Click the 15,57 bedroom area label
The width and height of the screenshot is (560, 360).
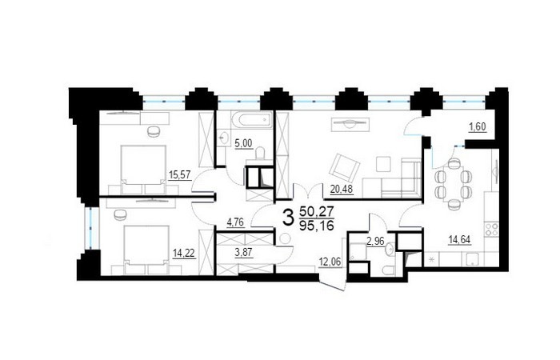(180, 175)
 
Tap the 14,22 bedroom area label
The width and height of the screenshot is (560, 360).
(184, 254)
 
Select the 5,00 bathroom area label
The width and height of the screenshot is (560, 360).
(243, 144)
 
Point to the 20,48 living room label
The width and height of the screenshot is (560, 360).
(342, 189)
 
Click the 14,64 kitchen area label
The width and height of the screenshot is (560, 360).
(459, 240)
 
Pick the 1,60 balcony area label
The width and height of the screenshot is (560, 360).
(478, 126)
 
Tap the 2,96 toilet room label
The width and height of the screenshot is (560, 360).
(375, 242)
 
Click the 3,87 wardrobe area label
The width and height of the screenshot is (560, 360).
(243, 253)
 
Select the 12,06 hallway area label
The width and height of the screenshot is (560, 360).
(330, 262)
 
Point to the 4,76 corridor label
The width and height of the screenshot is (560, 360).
(235, 222)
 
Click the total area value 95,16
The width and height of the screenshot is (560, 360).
(317, 226)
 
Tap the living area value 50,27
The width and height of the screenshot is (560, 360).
(317, 212)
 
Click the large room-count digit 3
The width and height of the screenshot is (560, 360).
(288, 218)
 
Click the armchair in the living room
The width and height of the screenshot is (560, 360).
(344, 166)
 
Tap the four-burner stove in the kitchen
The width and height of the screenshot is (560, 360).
(491, 229)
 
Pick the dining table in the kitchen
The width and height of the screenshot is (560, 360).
(454, 183)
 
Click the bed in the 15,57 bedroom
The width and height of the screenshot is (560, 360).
(143, 166)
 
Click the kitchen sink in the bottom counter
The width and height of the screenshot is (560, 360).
(473, 259)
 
